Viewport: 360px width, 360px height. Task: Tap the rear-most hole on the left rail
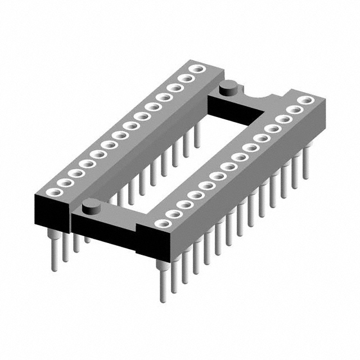(197, 69)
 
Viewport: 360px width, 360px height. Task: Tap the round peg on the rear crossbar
(228, 86)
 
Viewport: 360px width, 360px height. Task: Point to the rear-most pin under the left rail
(197, 135)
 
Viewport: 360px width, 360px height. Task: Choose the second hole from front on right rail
(172, 214)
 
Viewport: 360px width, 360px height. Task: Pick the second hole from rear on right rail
(294, 110)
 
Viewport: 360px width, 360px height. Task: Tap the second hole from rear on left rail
(186, 78)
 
